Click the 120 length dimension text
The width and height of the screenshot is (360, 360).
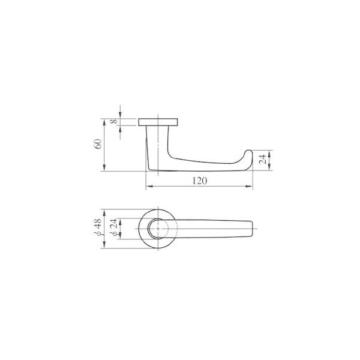point(200,181)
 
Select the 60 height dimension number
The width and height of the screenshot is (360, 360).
point(98,144)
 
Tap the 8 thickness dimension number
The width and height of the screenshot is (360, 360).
point(114,121)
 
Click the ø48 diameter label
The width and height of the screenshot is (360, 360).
point(98,227)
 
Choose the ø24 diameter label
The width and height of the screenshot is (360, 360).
point(113,227)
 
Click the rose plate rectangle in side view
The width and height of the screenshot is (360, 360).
point(158,122)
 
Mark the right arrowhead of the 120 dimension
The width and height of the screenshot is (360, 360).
point(249,186)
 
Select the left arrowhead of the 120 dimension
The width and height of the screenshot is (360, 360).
point(149,186)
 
